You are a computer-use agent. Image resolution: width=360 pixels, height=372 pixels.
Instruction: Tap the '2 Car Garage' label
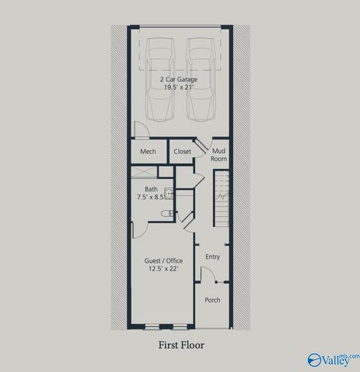click(180, 79)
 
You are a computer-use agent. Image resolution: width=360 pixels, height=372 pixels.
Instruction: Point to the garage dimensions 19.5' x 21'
click(180, 88)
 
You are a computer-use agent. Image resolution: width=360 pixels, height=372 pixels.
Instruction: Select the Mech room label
click(149, 152)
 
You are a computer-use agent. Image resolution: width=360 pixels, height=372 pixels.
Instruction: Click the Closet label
click(183, 152)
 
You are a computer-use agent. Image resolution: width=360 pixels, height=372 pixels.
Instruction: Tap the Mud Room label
click(219, 154)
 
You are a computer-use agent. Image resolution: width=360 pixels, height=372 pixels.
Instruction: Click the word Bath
click(152, 188)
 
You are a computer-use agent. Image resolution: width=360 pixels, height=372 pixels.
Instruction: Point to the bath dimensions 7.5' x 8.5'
click(152, 198)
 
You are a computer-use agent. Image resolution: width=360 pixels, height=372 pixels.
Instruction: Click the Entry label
click(212, 257)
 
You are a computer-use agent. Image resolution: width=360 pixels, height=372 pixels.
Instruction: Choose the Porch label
click(212, 300)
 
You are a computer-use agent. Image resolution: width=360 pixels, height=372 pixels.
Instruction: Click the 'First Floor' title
click(181, 345)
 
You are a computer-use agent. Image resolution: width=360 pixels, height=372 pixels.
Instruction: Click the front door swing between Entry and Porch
click(207, 274)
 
